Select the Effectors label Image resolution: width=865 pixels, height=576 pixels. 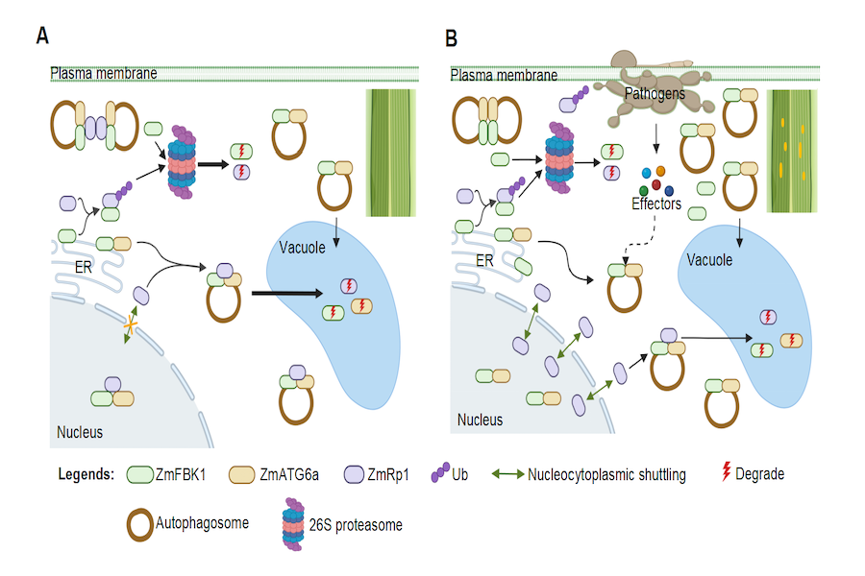click(656, 204)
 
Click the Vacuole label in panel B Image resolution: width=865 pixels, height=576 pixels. click(710, 259)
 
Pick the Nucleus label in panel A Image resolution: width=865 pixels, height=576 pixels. click(79, 432)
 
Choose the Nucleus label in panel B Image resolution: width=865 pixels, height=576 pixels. click(481, 420)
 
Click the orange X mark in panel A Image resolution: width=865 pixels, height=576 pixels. click(129, 329)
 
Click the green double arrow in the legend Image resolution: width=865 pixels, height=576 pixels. click(507, 473)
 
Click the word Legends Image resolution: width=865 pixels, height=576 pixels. click(86, 473)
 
